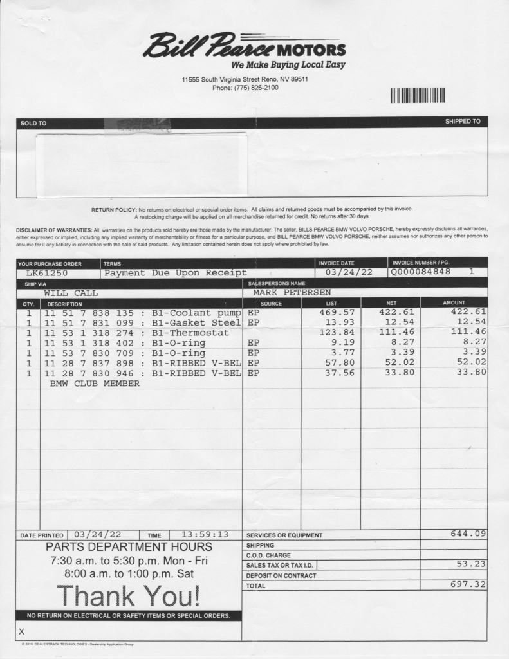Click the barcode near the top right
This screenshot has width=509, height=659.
click(418, 95)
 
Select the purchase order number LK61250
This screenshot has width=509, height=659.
click(47, 273)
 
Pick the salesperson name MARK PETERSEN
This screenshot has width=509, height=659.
click(292, 293)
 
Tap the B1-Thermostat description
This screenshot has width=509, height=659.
click(190, 333)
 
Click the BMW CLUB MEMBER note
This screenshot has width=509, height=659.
click(95, 383)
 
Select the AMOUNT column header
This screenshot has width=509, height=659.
click(454, 302)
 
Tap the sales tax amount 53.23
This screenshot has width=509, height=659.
click(470, 564)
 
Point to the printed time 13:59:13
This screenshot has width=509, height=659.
click(205, 534)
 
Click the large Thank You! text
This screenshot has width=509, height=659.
click(128, 596)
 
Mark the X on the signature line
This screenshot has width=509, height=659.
click(22, 632)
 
